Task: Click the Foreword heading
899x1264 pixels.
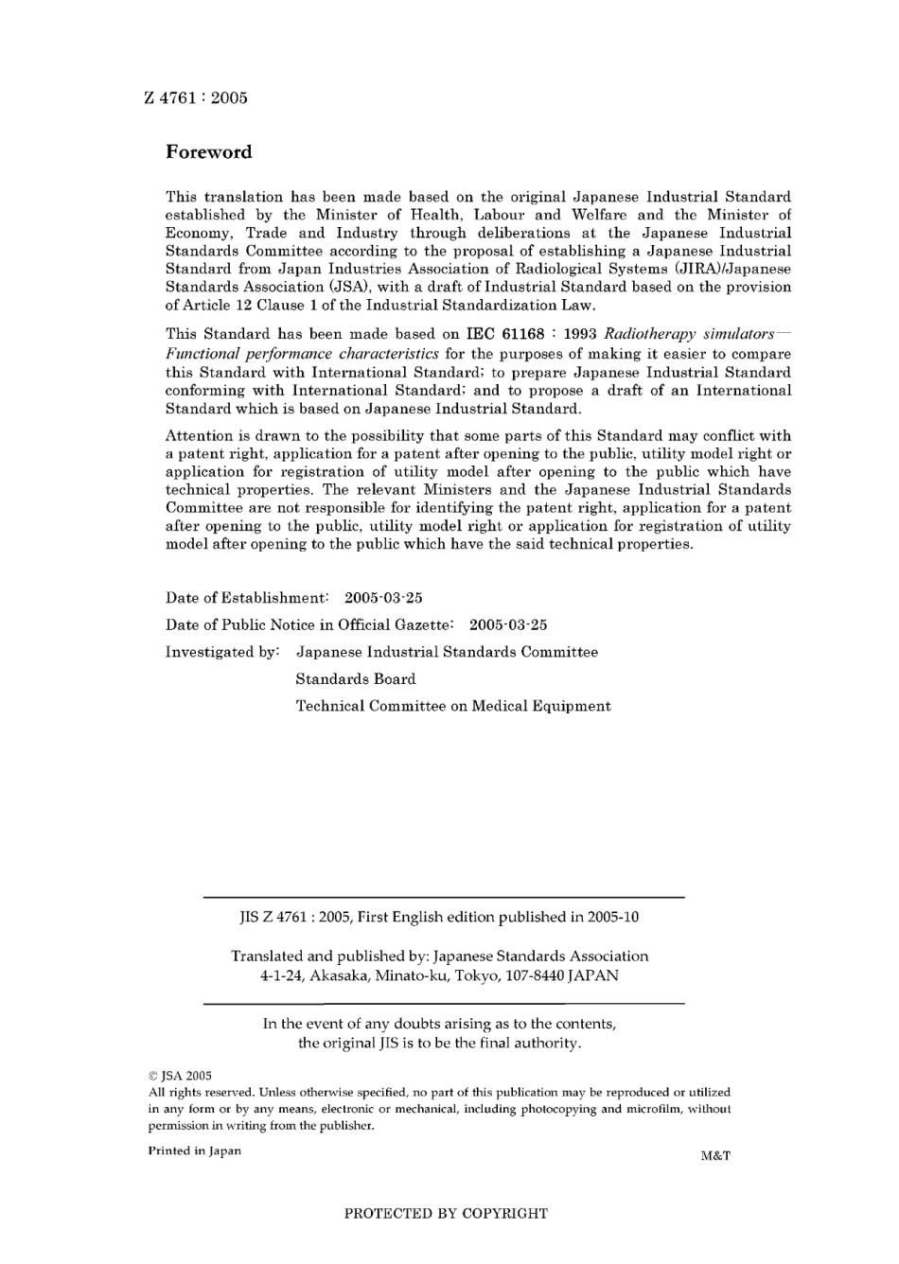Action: pyautogui.click(x=209, y=151)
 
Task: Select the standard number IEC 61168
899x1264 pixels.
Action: pyautogui.click(x=506, y=334)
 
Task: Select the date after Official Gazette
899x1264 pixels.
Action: pyautogui.click(x=508, y=624)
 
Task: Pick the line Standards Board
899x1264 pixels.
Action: pyautogui.click(x=355, y=678)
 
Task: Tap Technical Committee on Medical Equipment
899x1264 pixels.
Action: pyautogui.click(x=453, y=706)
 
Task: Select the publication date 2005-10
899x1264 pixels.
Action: pyautogui.click(x=613, y=917)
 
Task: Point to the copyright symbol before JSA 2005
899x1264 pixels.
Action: pyautogui.click(x=153, y=1076)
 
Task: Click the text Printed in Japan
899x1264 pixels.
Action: pyautogui.click(x=194, y=1150)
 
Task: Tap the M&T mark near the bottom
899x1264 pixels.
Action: pyautogui.click(x=715, y=1155)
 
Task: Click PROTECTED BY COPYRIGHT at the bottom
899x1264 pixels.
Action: pyautogui.click(x=446, y=1214)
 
